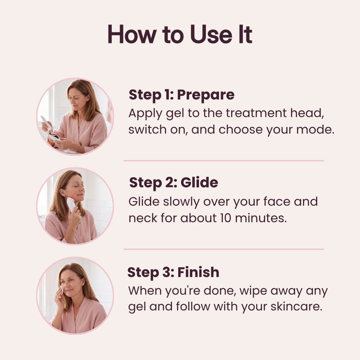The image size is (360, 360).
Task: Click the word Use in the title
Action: [x=211, y=34]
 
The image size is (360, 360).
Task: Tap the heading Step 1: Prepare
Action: [x=182, y=95]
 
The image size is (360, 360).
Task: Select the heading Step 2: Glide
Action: [x=174, y=183]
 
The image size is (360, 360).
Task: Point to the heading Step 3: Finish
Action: [x=173, y=272]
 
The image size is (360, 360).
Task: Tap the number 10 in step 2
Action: [x=225, y=218]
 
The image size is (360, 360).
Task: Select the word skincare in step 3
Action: [x=296, y=307]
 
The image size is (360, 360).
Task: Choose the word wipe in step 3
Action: [x=253, y=291]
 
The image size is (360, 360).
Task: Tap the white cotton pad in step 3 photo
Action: [x=62, y=290]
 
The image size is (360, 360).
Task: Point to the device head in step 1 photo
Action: [x=53, y=136]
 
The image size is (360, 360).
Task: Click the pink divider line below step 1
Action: [x=224, y=161]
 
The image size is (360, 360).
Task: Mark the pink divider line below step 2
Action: [x=224, y=249]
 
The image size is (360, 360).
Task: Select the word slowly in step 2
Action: [x=181, y=202]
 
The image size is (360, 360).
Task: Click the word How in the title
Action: [x=132, y=34]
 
